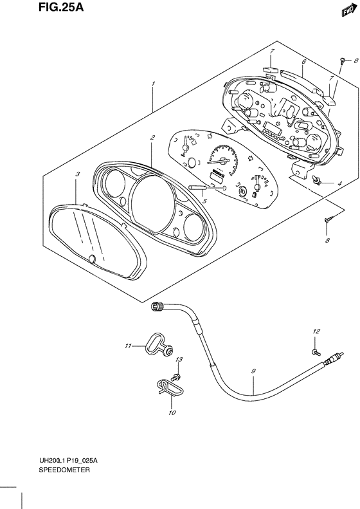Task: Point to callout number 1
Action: pyautogui.click(x=153, y=84)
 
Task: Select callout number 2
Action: pyautogui.click(x=152, y=138)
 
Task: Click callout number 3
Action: pyautogui.click(x=76, y=174)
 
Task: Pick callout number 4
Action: pyautogui.click(x=339, y=184)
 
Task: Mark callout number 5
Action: pyautogui.click(x=204, y=201)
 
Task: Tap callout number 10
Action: pyautogui.click(x=172, y=412)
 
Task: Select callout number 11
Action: pyautogui.click(x=128, y=346)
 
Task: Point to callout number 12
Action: pyautogui.click(x=316, y=331)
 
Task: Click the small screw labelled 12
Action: pyautogui.click(x=314, y=351)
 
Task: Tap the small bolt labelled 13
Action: pyautogui.click(x=178, y=373)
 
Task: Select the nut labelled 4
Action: pyautogui.click(x=316, y=183)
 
